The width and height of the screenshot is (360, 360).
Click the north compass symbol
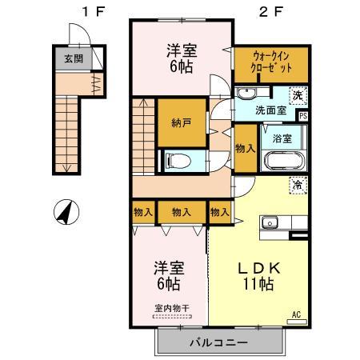(x=65, y=213)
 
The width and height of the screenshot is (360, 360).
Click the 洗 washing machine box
(x=297, y=95)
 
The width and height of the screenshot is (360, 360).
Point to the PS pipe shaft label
(x=302, y=116)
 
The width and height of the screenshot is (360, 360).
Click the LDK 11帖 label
(x=257, y=273)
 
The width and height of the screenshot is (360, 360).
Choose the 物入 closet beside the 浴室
(x=246, y=149)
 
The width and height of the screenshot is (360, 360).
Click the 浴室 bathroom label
(x=282, y=137)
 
